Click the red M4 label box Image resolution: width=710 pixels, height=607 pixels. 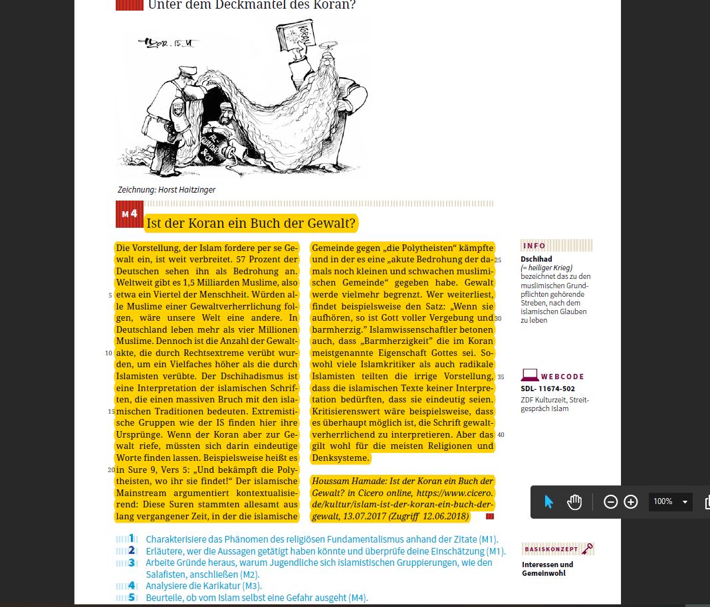130,215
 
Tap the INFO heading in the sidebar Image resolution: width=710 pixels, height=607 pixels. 534,246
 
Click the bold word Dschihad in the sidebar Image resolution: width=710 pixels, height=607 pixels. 536,259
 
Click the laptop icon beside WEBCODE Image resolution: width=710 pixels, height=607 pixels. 529,376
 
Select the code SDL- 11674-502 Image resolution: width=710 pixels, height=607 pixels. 548,389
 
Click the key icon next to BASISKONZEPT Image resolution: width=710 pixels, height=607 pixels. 586,549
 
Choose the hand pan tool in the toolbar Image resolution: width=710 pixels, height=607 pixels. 574,501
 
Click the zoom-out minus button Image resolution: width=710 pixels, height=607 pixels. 610,501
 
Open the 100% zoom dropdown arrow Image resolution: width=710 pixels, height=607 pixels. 685,501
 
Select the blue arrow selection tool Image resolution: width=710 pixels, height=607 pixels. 548,501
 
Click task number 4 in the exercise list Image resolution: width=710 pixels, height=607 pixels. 132,585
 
